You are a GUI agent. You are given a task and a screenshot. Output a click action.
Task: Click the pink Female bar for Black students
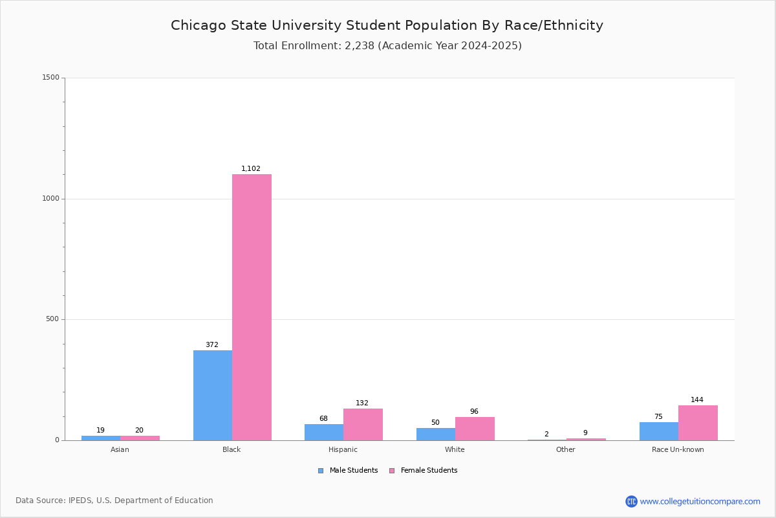[252, 307]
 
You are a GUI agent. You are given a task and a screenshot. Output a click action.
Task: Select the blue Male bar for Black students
[213, 395]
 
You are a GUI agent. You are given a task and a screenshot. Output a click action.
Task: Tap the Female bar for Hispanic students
[363, 424]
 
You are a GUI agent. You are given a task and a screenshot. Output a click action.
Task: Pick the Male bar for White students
[436, 434]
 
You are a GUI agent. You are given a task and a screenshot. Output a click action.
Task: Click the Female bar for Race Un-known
[698, 423]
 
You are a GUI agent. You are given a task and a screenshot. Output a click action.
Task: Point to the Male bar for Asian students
[101, 438]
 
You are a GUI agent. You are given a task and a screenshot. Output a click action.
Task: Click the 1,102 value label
[251, 169]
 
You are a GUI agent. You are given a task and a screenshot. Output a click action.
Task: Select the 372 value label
[212, 345]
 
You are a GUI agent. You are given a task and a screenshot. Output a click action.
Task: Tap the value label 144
[697, 400]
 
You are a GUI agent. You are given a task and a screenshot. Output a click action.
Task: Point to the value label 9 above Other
[585, 433]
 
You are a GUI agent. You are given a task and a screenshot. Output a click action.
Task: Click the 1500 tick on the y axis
[51, 78]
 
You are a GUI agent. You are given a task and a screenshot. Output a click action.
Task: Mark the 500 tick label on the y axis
[53, 319]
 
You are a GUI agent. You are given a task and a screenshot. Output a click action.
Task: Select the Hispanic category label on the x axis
[343, 449]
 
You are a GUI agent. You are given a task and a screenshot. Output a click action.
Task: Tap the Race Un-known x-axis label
[678, 449]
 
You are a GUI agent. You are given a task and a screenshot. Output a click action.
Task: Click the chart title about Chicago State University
[387, 26]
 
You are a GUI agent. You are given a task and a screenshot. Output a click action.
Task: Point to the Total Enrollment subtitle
[387, 46]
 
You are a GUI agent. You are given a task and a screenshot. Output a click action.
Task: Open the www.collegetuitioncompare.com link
[700, 501]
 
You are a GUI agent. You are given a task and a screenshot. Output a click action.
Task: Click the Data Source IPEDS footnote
[114, 501]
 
